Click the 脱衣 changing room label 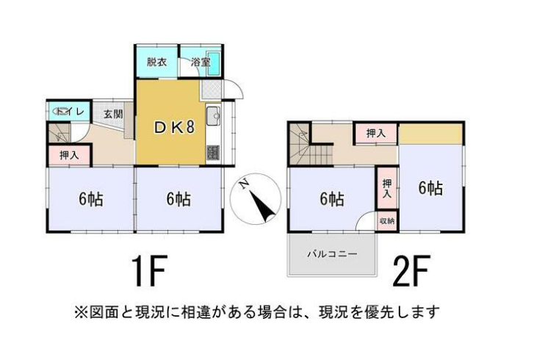[156, 62]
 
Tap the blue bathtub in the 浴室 [214, 64]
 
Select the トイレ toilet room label [70, 112]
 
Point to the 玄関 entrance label [113, 114]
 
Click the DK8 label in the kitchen [174, 127]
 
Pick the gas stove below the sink [213, 153]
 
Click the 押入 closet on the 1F [70, 156]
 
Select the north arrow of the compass [262, 206]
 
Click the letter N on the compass [244, 184]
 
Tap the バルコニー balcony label [332, 254]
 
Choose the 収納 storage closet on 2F [387, 221]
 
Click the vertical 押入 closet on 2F [387, 188]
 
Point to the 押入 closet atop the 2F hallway [376, 134]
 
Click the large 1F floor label [149, 271]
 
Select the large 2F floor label [412, 271]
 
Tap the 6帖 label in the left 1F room [91, 199]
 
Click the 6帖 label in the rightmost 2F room [430, 188]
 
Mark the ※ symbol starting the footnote [81, 312]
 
